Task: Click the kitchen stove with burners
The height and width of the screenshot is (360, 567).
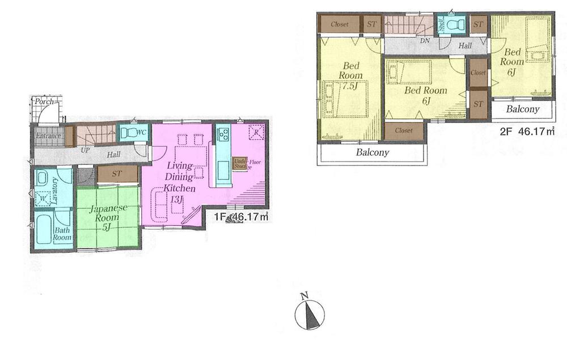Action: tap(223, 135)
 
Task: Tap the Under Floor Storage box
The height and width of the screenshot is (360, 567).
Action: tap(239, 164)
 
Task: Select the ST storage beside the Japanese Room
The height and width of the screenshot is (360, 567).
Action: tap(117, 173)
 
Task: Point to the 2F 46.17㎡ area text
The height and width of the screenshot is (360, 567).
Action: tap(527, 132)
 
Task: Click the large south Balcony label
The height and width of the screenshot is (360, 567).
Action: tap(373, 153)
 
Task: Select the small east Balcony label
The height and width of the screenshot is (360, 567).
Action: tap(523, 109)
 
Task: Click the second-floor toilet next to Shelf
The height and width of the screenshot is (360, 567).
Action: tap(455, 24)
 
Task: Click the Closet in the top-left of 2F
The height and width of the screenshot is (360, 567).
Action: tap(339, 24)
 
